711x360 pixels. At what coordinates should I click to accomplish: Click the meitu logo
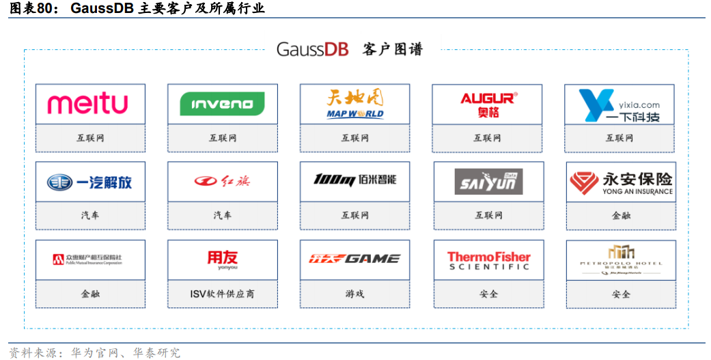click(87, 104)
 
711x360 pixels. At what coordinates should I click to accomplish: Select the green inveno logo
click(222, 105)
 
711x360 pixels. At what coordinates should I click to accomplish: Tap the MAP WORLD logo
click(355, 105)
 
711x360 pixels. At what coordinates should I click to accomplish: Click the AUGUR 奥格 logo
click(488, 105)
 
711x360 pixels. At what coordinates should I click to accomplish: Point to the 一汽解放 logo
click(89, 182)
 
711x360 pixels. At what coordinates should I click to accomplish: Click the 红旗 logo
click(223, 181)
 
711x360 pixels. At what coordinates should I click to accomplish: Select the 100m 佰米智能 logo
click(354, 180)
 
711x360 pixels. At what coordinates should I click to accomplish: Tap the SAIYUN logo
click(488, 182)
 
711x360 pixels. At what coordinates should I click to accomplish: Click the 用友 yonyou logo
click(223, 259)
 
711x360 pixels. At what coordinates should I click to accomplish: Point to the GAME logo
click(354, 259)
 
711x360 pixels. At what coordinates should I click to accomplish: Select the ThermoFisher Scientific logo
click(488, 260)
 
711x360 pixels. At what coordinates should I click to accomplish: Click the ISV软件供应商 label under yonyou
click(223, 294)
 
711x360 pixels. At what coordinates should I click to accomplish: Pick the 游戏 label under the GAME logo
click(354, 294)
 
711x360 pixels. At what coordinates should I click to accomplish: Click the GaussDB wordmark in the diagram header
click(312, 49)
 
